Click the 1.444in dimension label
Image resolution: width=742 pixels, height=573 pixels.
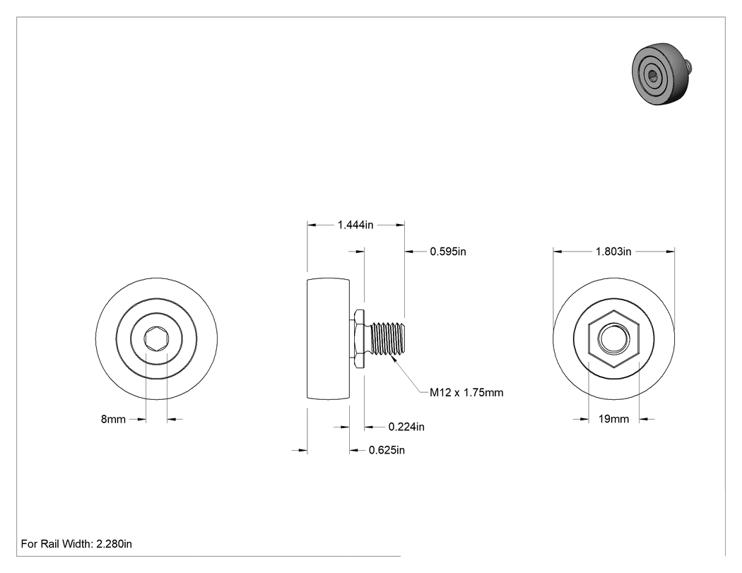[355, 225]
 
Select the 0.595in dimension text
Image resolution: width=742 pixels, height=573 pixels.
[447, 252]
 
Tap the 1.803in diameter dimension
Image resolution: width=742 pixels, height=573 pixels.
[613, 252]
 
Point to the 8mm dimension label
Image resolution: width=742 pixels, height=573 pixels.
[113, 419]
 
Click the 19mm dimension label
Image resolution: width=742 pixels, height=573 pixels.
[613, 419]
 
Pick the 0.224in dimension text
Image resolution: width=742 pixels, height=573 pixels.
[406, 427]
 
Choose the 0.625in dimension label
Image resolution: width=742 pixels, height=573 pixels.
[387, 450]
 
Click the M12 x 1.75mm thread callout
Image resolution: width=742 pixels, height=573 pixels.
[466, 392]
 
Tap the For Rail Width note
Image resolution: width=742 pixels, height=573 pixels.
[76, 543]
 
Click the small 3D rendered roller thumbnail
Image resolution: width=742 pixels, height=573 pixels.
[662, 75]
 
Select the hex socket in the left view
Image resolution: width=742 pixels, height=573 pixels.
[156, 339]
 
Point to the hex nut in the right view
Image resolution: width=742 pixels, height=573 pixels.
[613, 339]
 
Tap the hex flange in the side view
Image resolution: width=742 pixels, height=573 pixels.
[360, 338]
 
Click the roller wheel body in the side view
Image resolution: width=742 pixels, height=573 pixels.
[329, 339]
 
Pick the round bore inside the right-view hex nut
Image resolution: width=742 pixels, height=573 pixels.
[613, 339]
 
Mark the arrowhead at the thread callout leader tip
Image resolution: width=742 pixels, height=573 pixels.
[392, 359]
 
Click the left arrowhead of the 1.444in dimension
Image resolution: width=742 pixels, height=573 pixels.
[312, 225]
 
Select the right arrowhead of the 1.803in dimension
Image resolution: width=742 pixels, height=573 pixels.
[670, 252]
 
